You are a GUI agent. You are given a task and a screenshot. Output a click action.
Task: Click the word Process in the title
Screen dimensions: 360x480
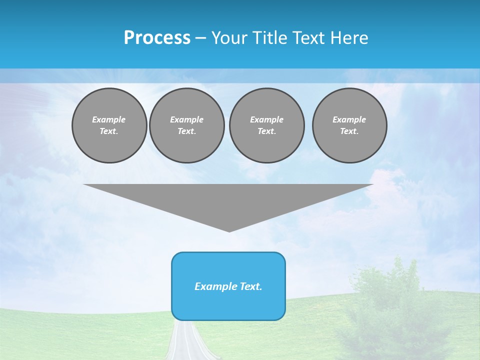pyautogui.click(x=157, y=38)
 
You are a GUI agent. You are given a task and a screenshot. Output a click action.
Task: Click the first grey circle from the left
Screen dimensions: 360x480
pyautogui.click(x=109, y=125)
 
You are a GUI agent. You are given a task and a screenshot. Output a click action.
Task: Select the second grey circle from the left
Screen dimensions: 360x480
pyautogui.click(x=186, y=125)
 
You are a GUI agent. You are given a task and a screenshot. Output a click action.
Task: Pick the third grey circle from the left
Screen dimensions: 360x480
pyautogui.click(x=266, y=125)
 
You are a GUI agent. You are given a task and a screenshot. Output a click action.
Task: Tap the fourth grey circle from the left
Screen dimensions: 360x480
pyautogui.click(x=349, y=125)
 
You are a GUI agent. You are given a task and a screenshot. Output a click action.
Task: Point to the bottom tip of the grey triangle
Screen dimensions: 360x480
pyautogui.click(x=229, y=230)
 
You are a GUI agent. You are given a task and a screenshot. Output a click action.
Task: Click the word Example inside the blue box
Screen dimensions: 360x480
pyautogui.click(x=214, y=286)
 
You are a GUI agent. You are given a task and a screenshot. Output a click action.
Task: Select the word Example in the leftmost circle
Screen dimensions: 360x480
pyautogui.click(x=109, y=119)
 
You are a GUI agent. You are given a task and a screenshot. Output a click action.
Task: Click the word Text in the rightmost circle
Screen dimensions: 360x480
pyautogui.click(x=349, y=131)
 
